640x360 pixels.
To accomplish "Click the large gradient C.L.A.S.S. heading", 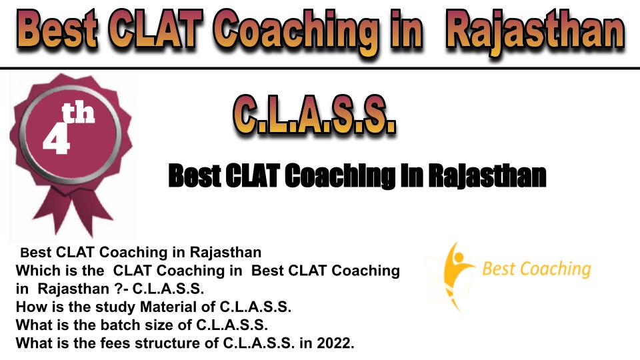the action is coord(314,115).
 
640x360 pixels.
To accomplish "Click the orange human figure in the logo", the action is coord(455,274).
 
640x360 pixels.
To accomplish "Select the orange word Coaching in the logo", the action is coord(555,269).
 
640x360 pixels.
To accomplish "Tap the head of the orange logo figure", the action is coord(459,257).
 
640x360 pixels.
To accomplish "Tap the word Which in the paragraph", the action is coord(36,270).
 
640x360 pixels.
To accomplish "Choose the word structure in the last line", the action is coord(177,343).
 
